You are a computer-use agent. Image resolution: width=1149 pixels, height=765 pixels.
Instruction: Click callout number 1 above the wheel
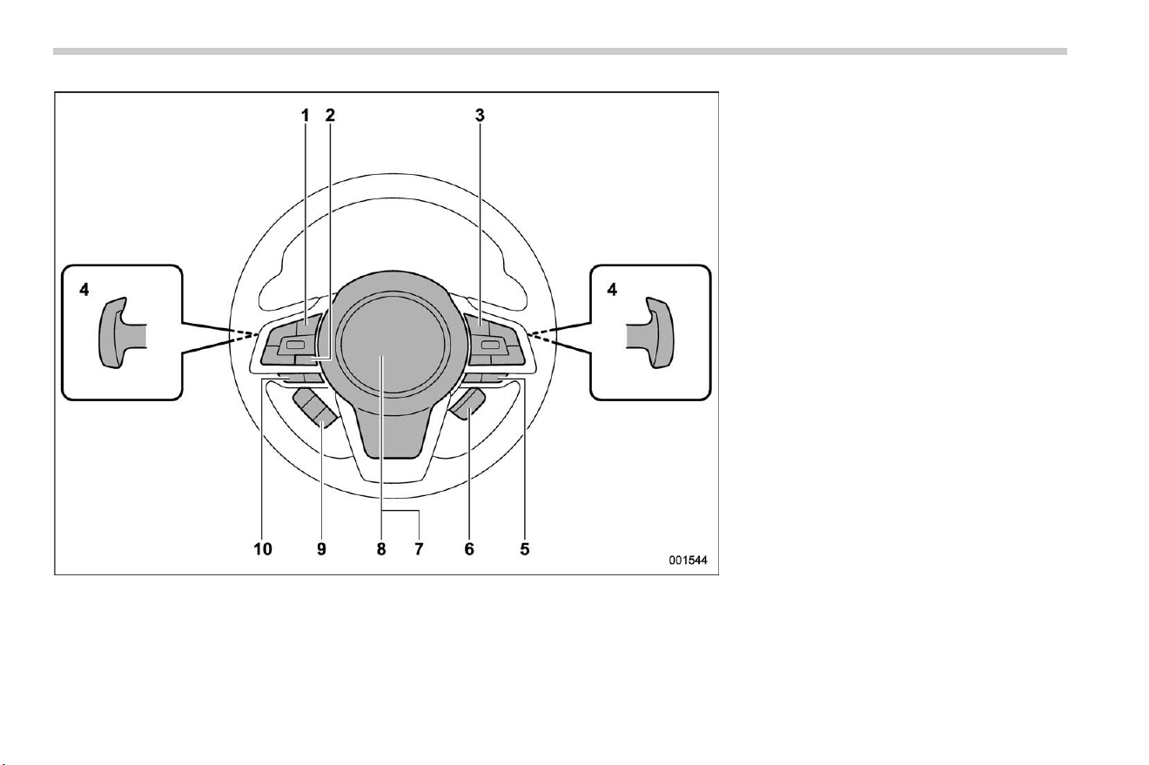[x=306, y=116]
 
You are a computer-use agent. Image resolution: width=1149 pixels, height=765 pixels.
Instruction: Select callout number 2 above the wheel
[x=330, y=116]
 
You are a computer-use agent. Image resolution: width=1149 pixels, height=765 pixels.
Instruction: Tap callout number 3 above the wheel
[x=480, y=116]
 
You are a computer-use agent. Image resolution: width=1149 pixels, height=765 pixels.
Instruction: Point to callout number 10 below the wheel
[x=263, y=549]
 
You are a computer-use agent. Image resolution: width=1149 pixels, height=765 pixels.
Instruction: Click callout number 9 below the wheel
[x=321, y=549]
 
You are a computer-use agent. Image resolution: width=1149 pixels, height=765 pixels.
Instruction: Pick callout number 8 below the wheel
[x=381, y=549]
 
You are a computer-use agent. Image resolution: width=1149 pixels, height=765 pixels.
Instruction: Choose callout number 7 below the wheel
[x=419, y=549]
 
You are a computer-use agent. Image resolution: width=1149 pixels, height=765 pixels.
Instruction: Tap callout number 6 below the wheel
[x=469, y=549]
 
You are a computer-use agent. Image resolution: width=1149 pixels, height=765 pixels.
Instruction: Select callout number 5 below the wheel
[x=524, y=549]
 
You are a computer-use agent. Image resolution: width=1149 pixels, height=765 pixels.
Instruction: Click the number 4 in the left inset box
[x=84, y=290]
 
